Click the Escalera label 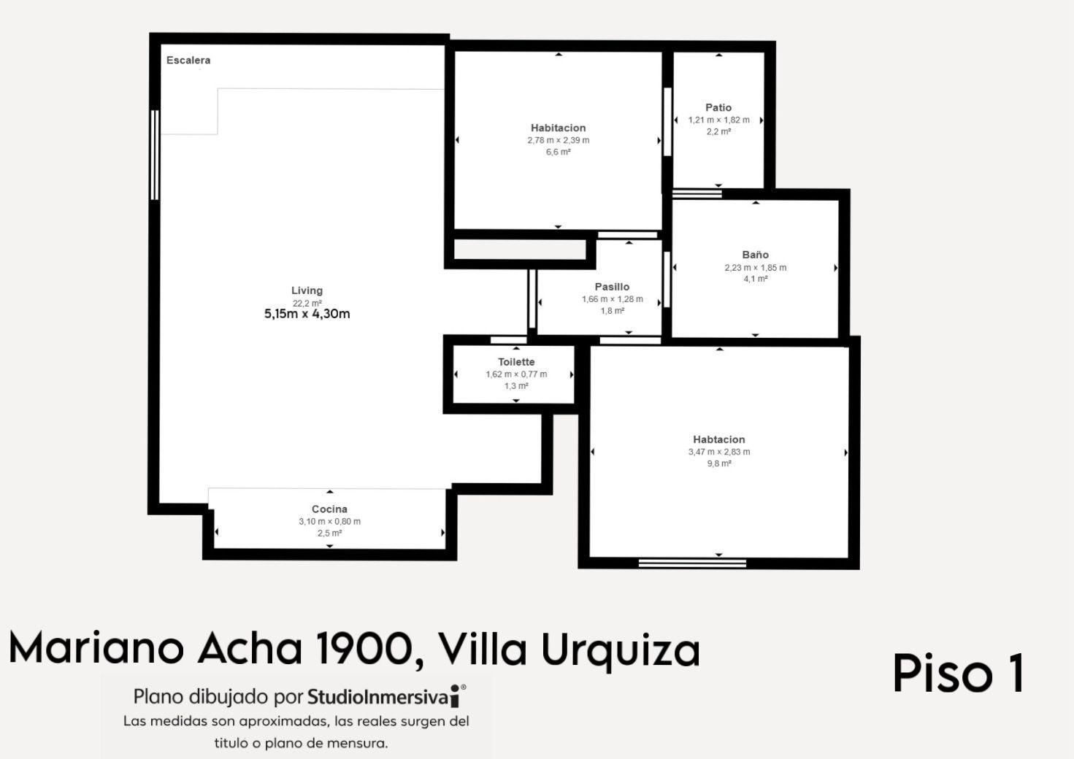(188, 61)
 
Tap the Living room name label (307, 290)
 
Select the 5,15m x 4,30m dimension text (307, 314)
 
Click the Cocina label (329, 509)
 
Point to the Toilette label (516, 362)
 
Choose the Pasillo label (612, 287)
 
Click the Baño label (755, 255)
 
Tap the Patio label (718, 107)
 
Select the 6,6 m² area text (558, 152)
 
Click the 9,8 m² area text (718, 463)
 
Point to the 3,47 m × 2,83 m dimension (719, 451)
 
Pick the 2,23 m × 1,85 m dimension (755, 267)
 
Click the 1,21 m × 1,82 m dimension (718, 120)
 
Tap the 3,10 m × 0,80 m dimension (329, 521)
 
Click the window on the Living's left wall (154, 155)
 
